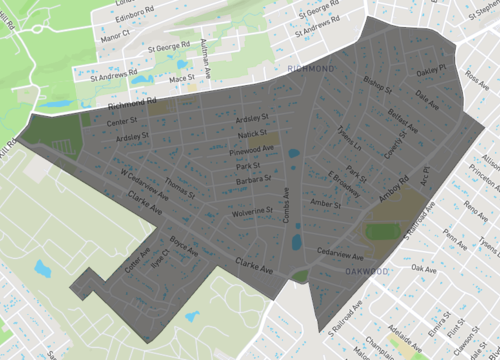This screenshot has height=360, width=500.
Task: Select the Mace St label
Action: click(x=181, y=78)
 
